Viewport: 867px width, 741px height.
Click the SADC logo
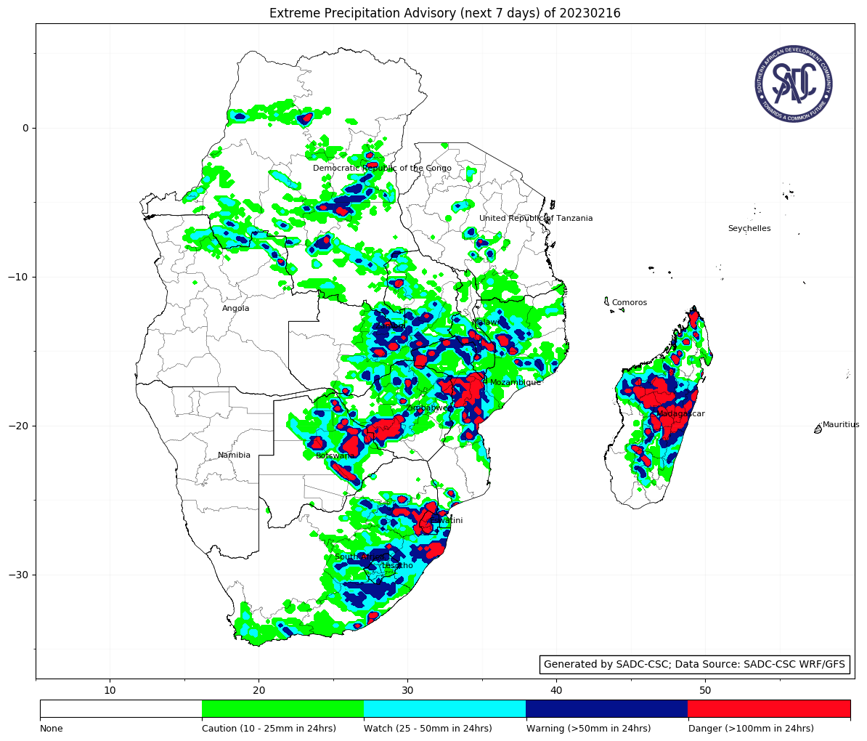coord(793,84)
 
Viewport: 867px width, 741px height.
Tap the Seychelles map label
coord(749,229)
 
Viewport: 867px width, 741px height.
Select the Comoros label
coord(629,303)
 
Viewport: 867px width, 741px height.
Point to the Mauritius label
coord(841,425)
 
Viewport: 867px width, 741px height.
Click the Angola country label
coord(235,309)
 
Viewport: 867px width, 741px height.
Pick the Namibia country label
coord(234,455)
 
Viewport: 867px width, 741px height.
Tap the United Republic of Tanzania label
coord(536,219)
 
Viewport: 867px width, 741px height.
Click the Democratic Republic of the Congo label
coord(382,169)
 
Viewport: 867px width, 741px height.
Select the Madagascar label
coord(681,414)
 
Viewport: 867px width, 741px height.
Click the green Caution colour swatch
coord(282,708)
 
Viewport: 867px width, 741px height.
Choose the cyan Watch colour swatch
coord(444,708)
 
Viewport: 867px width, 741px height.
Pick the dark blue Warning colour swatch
coord(606,708)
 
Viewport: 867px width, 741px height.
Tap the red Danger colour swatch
coord(768,708)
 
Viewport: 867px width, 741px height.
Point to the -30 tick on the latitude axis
coord(20,575)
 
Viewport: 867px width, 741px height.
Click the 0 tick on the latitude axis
coord(25,129)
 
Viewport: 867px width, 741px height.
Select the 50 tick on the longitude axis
coord(705,689)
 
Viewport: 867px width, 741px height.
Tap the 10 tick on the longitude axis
coord(110,689)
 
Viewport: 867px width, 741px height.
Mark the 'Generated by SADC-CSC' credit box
coord(696,664)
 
